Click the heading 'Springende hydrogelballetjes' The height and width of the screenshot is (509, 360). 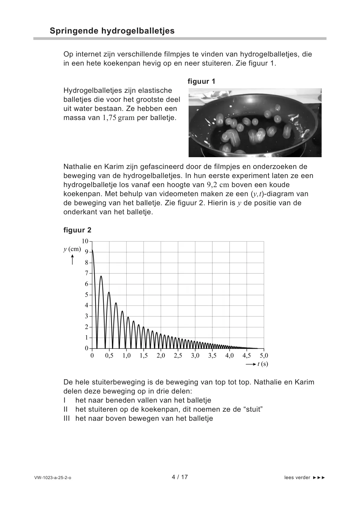[x=112, y=31]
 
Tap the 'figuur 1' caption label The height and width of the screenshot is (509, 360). [x=201, y=81]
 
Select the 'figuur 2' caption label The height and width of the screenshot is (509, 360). [x=77, y=230]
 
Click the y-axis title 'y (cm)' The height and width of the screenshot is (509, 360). [x=72, y=249]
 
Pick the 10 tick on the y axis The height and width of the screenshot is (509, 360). [x=85, y=241]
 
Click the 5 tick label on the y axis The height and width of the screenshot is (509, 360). [x=86, y=295]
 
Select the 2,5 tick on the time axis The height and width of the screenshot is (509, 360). [x=178, y=356]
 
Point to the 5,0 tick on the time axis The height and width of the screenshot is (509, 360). [x=264, y=356]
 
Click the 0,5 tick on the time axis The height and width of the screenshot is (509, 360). [x=109, y=356]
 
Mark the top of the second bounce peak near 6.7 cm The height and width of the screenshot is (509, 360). [x=101, y=276]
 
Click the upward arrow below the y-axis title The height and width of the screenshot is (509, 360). [x=73, y=260]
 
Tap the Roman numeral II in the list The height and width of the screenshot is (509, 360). [x=66, y=410]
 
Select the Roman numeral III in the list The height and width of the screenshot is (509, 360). [x=66, y=419]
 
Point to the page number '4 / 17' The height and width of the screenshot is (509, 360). [x=180, y=477]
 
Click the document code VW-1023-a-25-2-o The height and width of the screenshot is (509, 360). [x=53, y=478]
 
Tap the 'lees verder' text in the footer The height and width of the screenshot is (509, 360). [x=297, y=478]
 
